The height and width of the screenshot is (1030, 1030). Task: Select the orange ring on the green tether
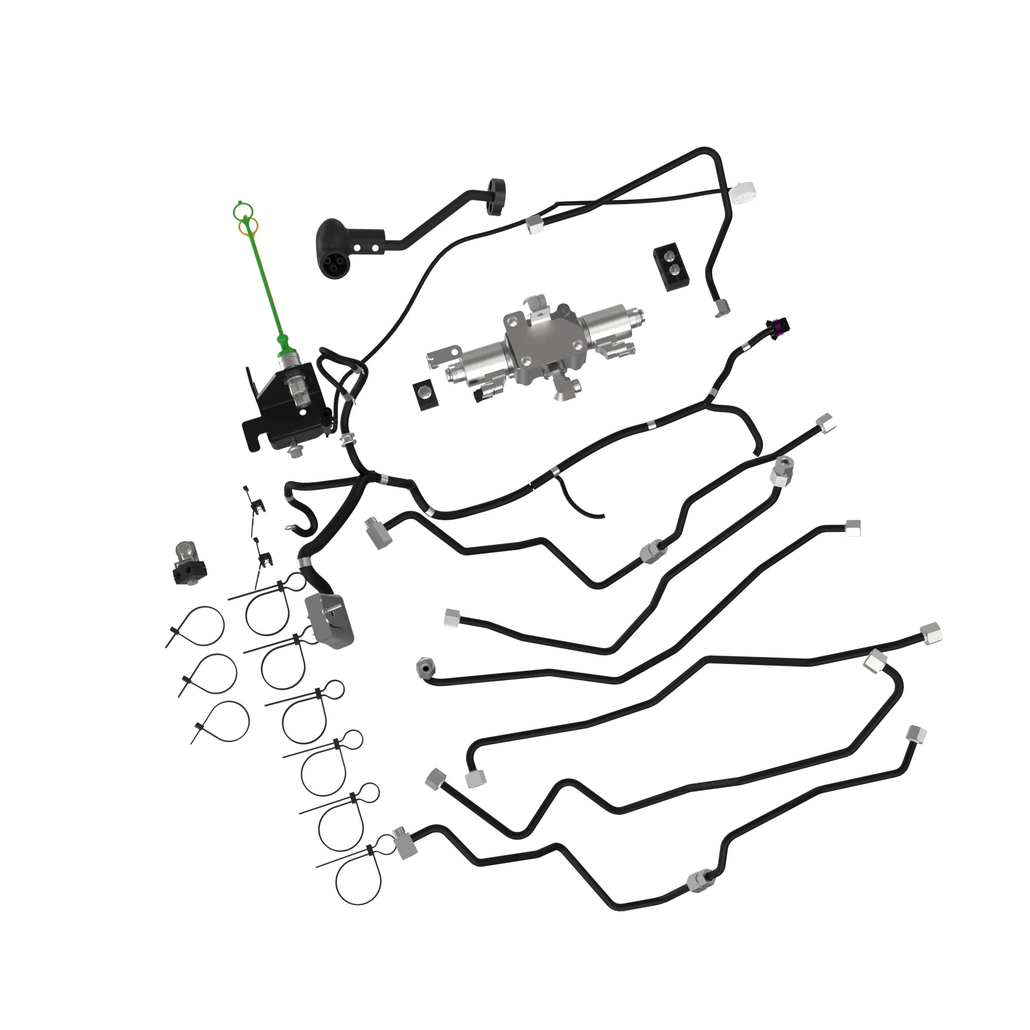tap(248, 227)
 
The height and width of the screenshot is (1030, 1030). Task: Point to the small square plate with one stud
tap(425, 396)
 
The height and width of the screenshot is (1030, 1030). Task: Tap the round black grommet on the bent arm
tap(497, 197)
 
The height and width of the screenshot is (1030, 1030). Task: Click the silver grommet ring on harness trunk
tap(348, 440)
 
